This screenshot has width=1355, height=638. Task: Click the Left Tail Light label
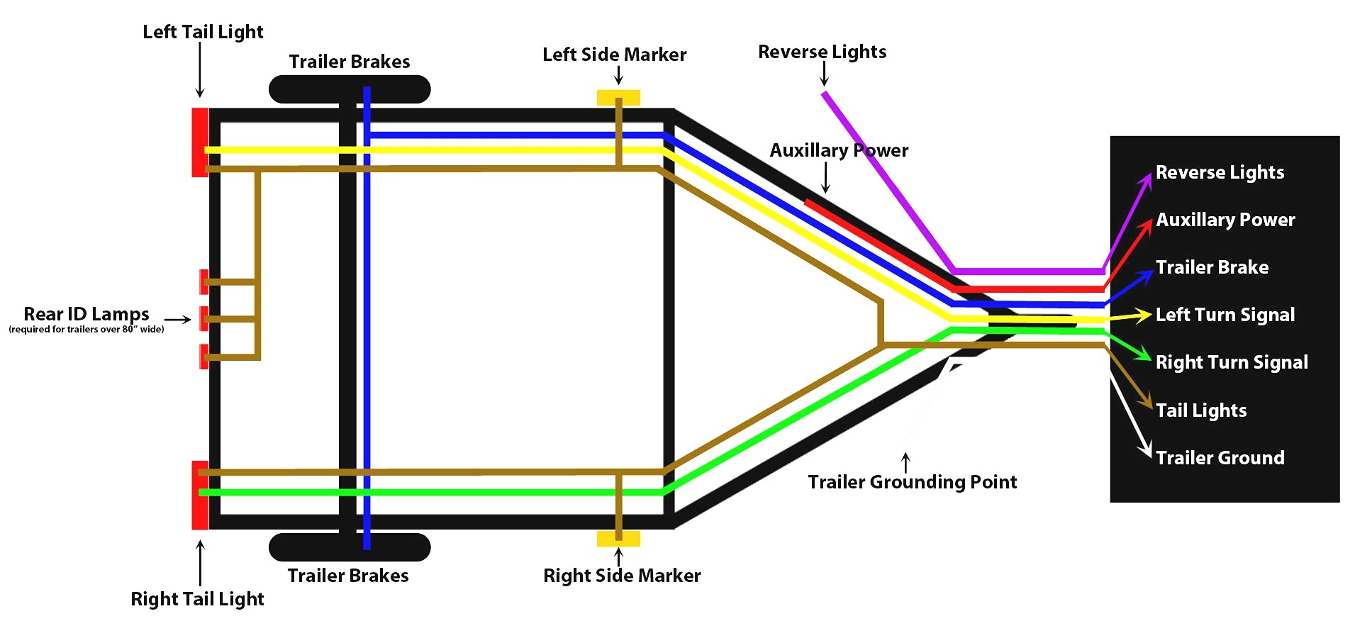[x=203, y=32]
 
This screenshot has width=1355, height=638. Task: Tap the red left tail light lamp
[x=199, y=142]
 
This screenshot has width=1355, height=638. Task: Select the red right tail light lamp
[x=199, y=495]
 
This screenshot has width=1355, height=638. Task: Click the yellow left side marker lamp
[x=618, y=97]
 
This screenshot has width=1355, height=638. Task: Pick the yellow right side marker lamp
[x=618, y=539]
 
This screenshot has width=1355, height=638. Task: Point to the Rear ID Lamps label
[x=87, y=314]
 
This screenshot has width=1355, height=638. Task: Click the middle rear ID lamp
[x=203, y=319]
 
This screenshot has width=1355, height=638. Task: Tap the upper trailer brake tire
[x=350, y=89]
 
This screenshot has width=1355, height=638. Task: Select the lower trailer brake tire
[x=350, y=547]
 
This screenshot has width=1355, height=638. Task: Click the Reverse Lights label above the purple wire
[x=822, y=52]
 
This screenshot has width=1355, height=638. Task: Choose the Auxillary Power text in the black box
[x=1225, y=220]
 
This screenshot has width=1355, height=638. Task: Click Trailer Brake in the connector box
[x=1212, y=267]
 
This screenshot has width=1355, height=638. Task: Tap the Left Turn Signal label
[x=1225, y=315]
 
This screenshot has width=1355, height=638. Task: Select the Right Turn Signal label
[x=1232, y=362]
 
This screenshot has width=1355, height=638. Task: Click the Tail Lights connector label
[x=1201, y=410]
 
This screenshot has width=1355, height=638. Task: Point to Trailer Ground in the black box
[x=1220, y=458]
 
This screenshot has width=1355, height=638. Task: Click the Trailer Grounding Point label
[x=912, y=482]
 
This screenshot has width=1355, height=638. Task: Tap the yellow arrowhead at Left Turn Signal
[x=1142, y=315]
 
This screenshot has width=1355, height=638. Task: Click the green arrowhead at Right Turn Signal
[x=1142, y=354]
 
